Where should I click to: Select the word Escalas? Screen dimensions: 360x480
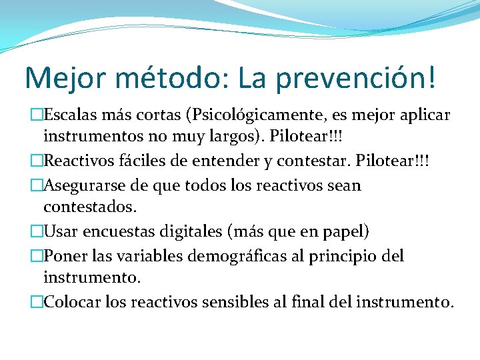73,115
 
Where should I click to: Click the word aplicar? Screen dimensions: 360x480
424,115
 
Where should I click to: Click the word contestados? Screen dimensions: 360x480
90,207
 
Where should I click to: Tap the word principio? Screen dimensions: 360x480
342,255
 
